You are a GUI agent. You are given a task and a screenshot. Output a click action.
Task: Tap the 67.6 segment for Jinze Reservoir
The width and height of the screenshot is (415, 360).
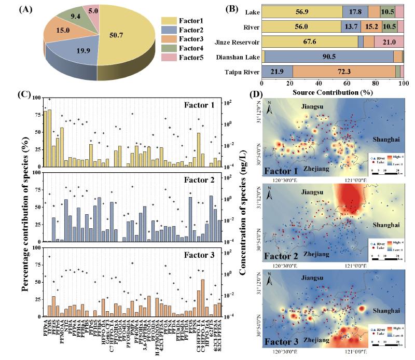click(x=310, y=42)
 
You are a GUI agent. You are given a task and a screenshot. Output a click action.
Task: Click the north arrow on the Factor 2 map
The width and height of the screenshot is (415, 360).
click(x=270, y=195)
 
